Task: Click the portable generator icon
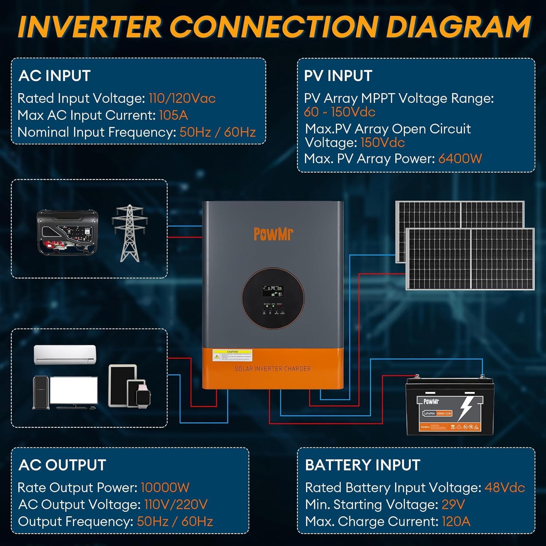[68, 232]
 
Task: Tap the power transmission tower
[130, 233]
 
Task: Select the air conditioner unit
[65, 355]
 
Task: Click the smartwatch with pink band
[143, 394]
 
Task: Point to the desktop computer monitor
[74, 391]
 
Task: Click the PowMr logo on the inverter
[273, 234]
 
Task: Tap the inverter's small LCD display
[273, 290]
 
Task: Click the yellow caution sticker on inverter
[233, 356]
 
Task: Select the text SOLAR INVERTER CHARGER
[273, 369]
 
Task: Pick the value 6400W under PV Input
[460, 159]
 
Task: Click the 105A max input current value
[173, 115]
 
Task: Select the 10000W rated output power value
[165, 487]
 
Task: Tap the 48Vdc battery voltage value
[505, 487]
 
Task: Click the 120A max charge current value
[456, 521]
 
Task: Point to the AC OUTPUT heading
[62, 465]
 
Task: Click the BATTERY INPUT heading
[363, 465]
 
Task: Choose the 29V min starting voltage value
[453, 505]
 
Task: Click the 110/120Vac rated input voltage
[182, 98]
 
